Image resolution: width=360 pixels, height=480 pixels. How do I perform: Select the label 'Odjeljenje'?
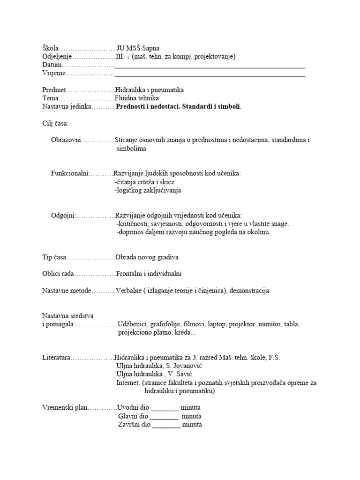coord(58,56)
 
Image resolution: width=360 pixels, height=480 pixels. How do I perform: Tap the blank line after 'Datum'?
coord(210,65)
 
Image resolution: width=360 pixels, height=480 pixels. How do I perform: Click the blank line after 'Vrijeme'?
coord(210,74)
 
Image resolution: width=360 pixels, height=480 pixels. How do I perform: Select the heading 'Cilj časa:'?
coord(55,124)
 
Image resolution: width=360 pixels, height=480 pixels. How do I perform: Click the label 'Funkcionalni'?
coord(70,173)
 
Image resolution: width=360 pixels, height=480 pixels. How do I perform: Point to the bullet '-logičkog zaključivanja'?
coord(148,190)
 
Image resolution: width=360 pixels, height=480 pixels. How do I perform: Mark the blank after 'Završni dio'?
coord(166,425)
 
